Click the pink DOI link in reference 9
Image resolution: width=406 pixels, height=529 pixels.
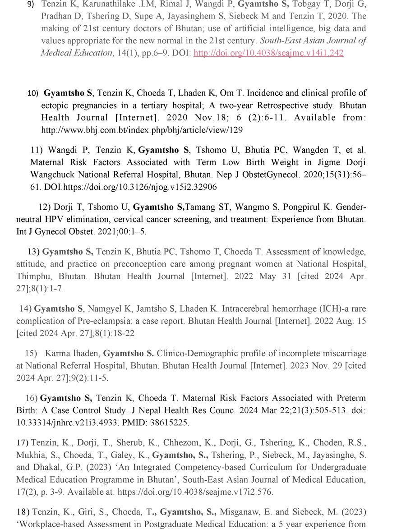click(x=268, y=53)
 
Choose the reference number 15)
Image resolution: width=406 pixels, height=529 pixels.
click(x=31, y=353)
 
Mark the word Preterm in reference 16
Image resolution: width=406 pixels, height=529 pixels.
click(x=351, y=398)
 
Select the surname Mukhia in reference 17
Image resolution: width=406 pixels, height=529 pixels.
click(x=31, y=455)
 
